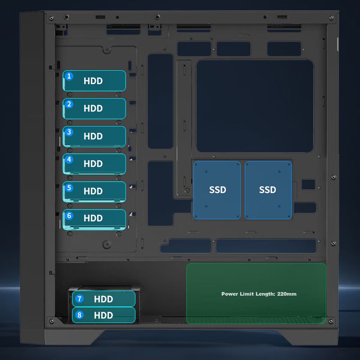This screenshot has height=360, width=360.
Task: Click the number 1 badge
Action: click(69, 76)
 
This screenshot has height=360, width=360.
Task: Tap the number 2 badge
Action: click(69, 104)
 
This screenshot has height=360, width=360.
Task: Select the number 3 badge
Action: click(69, 132)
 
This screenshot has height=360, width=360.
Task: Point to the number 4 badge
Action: click(69, 159)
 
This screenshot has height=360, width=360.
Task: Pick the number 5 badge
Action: click(69, 187)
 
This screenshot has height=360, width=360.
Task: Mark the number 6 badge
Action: click(69, 215)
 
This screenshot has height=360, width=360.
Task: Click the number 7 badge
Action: click(80, 298)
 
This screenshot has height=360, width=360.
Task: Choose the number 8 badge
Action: click(80, 315)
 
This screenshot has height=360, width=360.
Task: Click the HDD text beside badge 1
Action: click(93, 81)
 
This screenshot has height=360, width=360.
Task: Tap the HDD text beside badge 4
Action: click(93, 164)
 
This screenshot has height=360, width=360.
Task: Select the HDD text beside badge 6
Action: click(93, 218)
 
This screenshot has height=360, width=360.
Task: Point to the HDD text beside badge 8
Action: click(103, 315)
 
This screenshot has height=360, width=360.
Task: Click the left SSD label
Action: click(218, 190)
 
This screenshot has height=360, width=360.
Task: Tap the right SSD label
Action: click(268, 190)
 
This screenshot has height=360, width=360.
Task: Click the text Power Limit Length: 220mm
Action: click(259, 294)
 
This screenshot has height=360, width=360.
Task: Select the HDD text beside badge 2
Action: click(93, 108)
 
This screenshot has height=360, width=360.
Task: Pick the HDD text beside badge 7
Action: click(103, 299)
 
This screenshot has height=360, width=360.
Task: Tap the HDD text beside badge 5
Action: click(93, 191)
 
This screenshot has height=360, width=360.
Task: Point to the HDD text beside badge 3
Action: click(93, 136)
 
